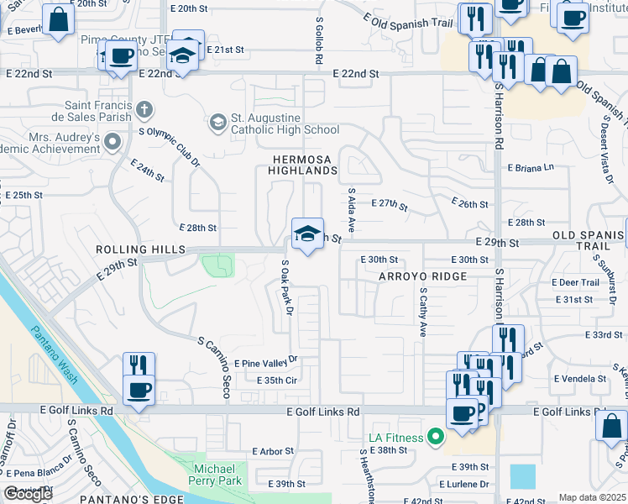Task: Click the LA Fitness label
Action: [397, 438]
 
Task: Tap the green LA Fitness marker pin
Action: [435, 437]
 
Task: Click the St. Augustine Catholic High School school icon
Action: [218, 123]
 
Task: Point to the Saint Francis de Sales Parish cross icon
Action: [144, 108]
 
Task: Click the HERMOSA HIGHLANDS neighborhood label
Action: [302, 165]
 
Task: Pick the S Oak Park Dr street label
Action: [286, 287]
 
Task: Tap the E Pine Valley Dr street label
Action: [267, 361]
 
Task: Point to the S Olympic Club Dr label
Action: [169, 145]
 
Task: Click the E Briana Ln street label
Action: [531, 167]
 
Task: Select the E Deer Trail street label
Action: [576, 282]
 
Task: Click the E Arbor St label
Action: [273, 451]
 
